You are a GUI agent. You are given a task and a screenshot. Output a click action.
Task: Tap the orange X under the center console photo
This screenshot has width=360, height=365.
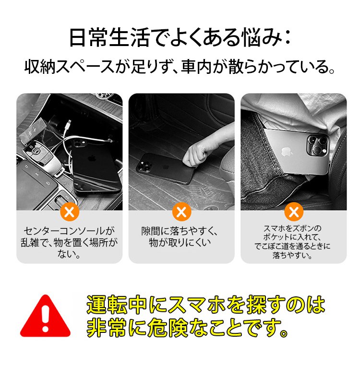(70, 212)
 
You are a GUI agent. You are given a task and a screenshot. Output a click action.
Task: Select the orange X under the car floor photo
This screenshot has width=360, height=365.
(181, 212)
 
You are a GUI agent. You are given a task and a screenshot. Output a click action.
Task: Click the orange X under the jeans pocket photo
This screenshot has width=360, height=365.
(294, 212)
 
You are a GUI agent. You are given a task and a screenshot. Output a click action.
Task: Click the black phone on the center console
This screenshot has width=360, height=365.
(96, 166)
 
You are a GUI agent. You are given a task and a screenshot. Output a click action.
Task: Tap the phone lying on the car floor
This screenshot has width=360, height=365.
(164, 167)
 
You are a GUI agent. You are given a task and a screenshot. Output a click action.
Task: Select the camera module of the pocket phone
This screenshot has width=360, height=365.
(318, 145)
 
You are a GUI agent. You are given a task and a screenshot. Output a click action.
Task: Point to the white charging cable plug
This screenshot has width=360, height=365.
(69, 122)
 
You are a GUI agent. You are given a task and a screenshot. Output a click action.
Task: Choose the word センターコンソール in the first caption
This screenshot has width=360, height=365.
(64, 231)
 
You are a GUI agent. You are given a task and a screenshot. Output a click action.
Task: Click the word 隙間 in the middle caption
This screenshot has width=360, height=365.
(151, 231)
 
